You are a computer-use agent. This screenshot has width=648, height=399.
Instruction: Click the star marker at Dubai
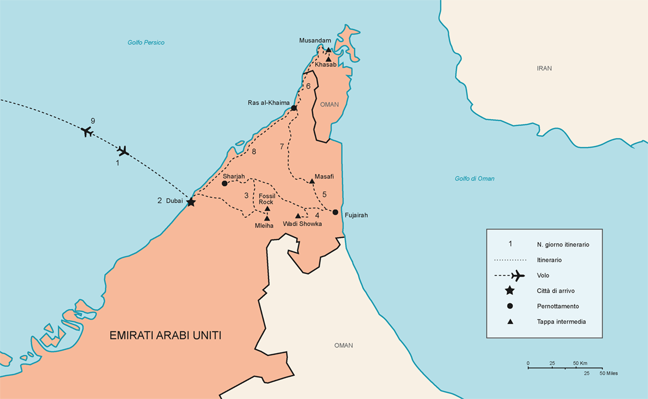coord(191,202)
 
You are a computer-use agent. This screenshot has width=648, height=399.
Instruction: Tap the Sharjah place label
coord(234,176)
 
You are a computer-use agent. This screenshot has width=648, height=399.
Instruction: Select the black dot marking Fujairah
coord(335,212)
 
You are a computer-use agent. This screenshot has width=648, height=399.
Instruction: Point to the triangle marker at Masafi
coord(312,181)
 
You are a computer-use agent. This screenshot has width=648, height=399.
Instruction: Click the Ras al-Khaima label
coord(269,103)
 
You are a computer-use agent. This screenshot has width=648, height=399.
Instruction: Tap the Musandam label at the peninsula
coord(315,40)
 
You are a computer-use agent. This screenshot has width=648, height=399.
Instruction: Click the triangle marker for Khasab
coord(328,59)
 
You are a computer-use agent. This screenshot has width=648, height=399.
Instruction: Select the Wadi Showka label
coord(302,224)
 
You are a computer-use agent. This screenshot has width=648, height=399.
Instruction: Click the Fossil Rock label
coord(266,199)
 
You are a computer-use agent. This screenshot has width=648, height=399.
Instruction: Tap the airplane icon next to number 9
coord(87,131)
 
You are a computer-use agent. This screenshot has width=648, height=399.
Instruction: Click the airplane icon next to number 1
coord(123,151)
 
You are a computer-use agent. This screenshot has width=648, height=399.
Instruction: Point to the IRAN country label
coord(544,69)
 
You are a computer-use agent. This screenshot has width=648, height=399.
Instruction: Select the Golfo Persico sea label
coord(146,43)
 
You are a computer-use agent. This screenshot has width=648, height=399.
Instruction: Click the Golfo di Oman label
coord(474,178)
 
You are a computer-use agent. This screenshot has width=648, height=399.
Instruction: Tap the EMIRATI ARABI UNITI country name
coord(166,335)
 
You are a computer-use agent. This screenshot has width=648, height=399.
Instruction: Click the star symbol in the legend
coord(510,290)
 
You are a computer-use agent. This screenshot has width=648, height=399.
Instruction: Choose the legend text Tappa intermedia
coord(561,321)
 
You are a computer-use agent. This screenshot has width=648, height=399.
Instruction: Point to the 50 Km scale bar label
coord(580,364)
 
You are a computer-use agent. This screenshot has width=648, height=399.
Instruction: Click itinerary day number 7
coord(282,146)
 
